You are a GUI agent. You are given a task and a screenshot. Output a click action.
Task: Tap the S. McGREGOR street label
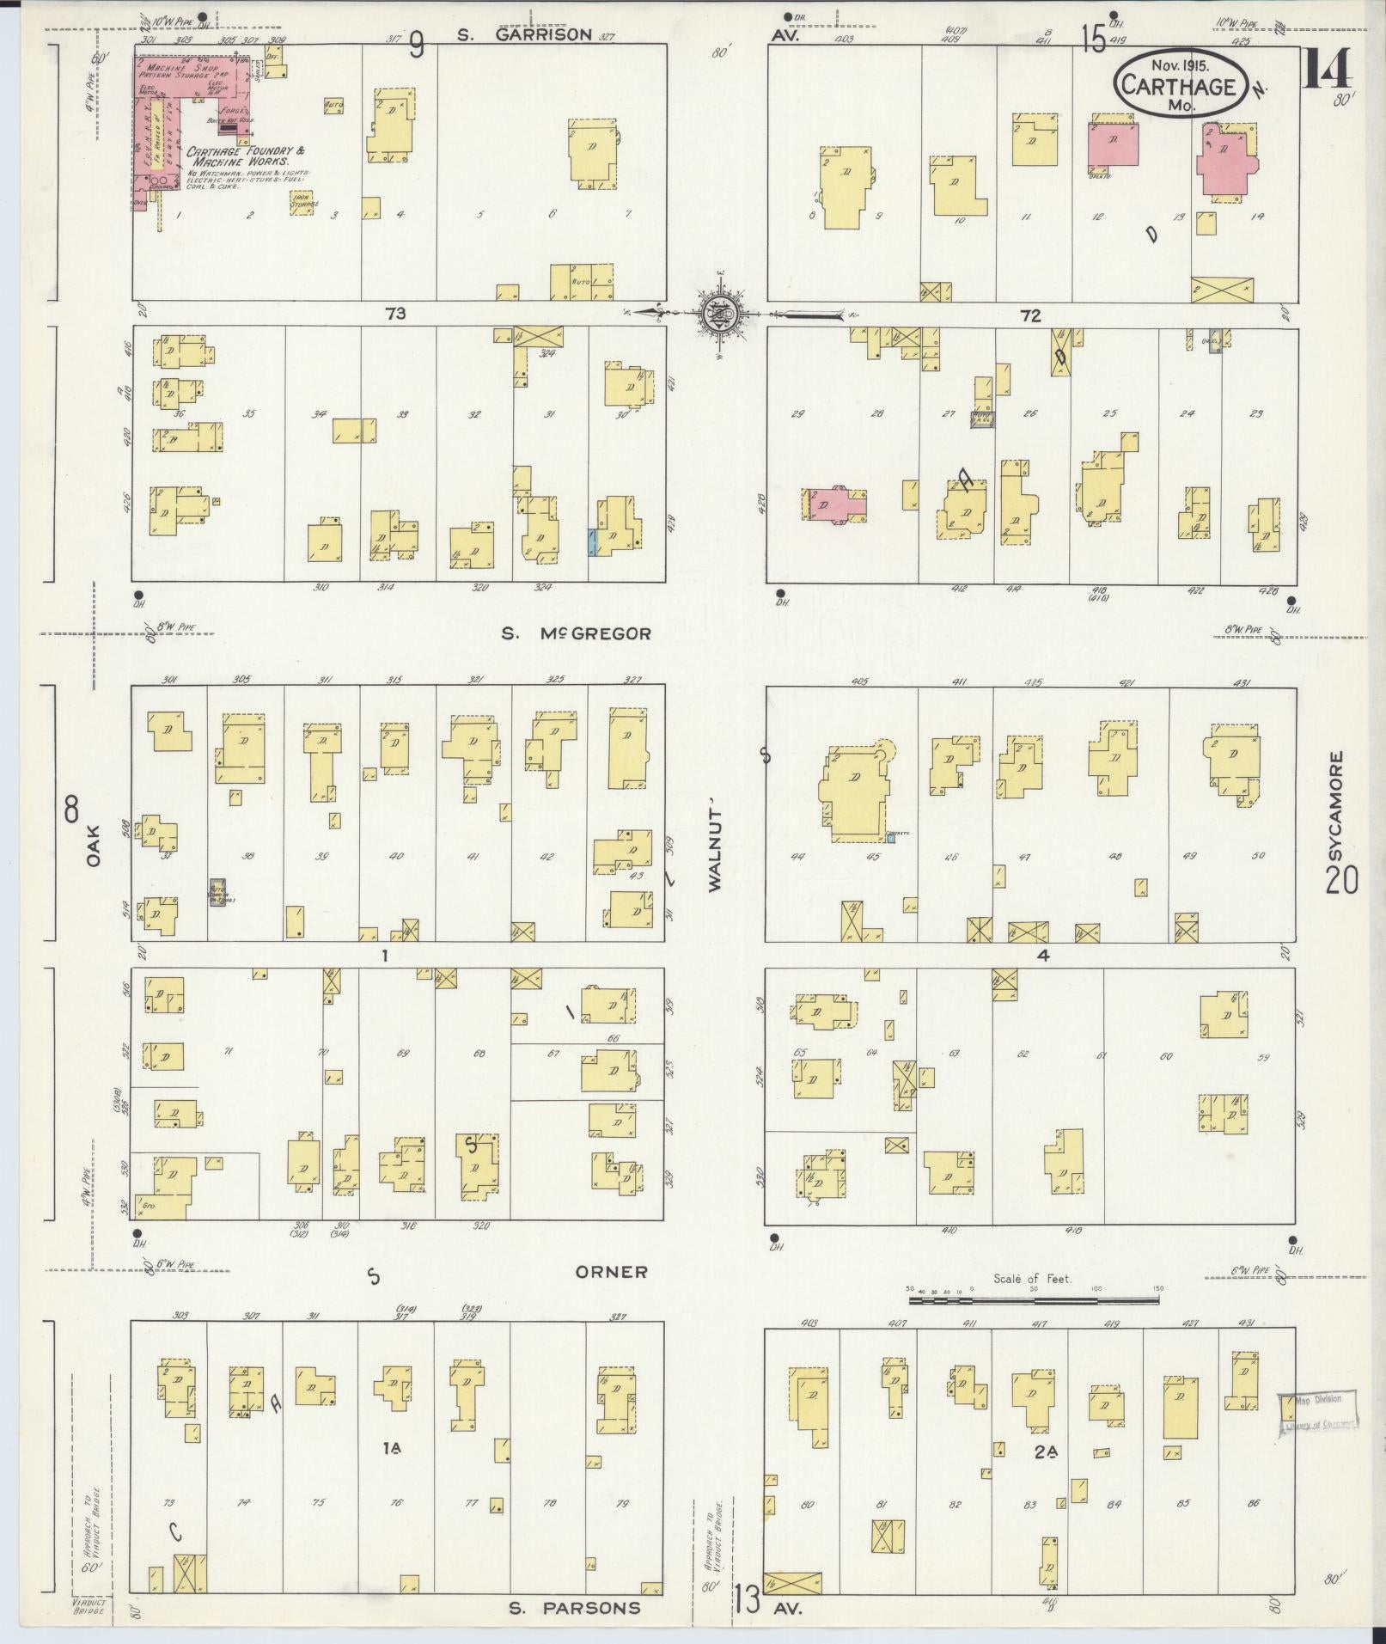(577, 634)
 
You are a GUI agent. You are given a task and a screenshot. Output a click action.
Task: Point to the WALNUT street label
(715, 851)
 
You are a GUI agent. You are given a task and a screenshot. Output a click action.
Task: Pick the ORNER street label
(612, 1272)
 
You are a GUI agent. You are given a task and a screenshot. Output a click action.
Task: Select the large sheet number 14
(1325, 69)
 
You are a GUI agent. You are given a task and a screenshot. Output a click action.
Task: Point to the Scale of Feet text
(1032, 1303)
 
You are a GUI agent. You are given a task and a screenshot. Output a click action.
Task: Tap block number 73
(395, 315)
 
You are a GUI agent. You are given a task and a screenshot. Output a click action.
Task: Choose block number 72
(1030, 316)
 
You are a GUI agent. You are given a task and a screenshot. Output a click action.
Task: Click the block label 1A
(393, 1449)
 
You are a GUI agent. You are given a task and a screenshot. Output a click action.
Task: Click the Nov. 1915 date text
(1181, 64)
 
